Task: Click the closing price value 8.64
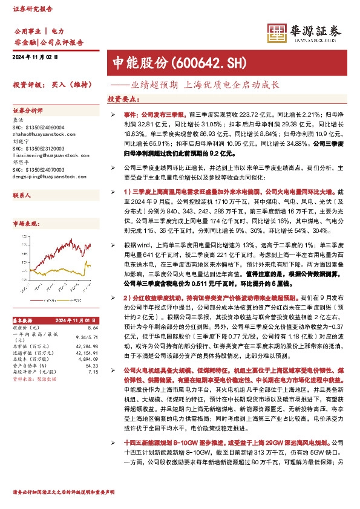93,327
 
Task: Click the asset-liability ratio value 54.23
92,365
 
